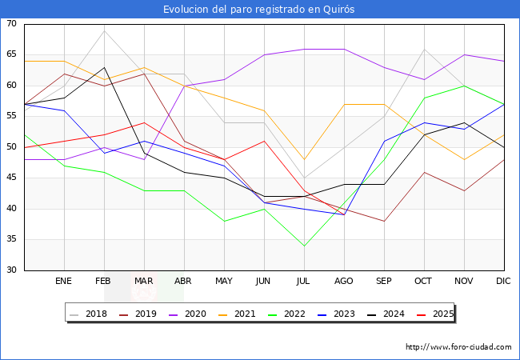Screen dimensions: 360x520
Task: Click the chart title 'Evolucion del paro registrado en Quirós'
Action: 259,10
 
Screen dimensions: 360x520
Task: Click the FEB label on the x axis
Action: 104,282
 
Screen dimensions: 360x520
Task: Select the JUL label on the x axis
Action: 304,282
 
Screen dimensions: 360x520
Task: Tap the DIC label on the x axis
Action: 503,282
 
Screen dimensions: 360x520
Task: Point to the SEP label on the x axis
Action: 384,282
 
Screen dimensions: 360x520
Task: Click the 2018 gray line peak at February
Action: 104,30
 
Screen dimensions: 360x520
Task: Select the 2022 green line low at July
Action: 304,246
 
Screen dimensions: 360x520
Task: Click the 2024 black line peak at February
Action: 104,67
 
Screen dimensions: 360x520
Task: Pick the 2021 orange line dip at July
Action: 304,159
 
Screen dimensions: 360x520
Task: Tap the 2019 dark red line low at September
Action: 384,221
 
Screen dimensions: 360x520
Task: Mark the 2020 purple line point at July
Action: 304,49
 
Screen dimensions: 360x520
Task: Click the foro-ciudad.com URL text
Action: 458,347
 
